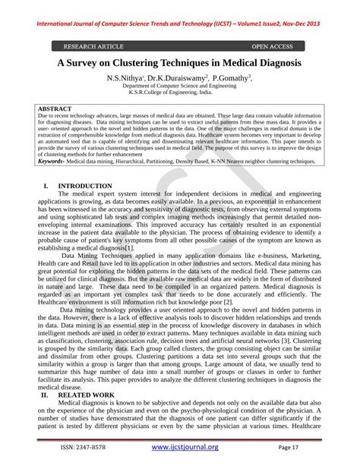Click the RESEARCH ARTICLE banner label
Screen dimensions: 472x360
point(95,46)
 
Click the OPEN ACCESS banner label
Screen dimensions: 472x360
point(277,46)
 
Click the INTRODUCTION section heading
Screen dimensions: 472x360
point(85,186)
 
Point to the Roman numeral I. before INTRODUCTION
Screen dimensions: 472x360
point(46,186)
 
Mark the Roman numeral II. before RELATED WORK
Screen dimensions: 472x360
point(45,395)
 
